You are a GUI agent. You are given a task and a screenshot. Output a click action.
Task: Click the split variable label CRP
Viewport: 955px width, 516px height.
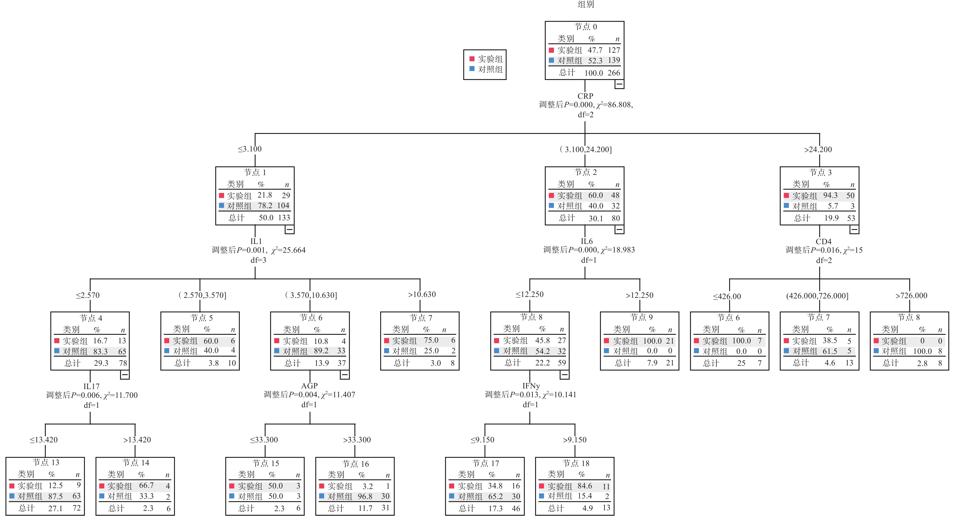point(585,96)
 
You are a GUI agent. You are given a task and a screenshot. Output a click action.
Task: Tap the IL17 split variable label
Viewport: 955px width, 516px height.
point(91,386)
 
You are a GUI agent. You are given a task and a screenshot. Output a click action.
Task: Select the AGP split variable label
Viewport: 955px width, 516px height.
point(309,386)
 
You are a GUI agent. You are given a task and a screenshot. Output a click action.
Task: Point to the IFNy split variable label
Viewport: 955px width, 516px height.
point(531,386)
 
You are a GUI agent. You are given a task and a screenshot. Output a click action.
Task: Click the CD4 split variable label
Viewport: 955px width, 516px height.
point(823,241)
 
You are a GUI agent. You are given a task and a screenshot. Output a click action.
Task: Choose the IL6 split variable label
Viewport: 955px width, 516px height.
point(587,241)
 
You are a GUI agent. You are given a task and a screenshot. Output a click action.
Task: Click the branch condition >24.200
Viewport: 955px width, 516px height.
point(818,150)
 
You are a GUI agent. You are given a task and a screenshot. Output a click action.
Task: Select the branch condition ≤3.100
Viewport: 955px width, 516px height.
point(250,149)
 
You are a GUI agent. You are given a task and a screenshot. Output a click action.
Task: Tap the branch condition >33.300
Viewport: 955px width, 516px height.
point(357,440)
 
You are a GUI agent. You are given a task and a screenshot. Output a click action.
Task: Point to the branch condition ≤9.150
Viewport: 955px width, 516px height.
point(482,440)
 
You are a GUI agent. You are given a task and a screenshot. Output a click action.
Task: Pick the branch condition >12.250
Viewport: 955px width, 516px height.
point(639,295)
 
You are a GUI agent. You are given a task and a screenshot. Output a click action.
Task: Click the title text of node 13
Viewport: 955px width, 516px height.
point(45,462)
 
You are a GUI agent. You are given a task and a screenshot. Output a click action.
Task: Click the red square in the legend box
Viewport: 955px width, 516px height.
point(472,58)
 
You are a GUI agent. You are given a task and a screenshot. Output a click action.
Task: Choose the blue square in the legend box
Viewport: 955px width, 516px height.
point(472,68)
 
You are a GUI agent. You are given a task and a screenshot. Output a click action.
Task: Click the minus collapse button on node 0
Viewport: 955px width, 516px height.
point(619,84)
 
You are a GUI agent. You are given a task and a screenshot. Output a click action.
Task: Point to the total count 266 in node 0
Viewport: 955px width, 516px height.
point(614,73)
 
